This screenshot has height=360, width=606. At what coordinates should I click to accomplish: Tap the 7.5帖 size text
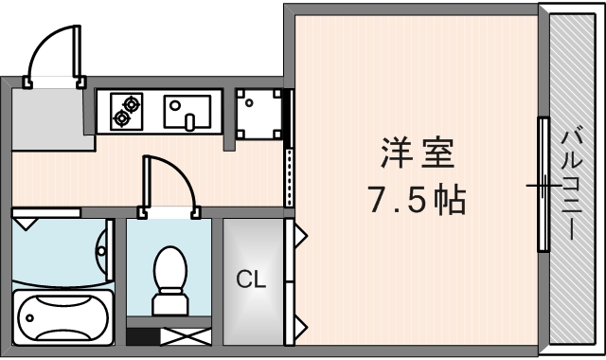click(418, 200)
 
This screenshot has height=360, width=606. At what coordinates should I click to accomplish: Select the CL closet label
click(251, 279)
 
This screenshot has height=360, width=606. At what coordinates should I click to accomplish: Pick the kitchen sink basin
click(189, 112)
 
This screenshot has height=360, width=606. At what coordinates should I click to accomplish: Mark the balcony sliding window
click(544, 184)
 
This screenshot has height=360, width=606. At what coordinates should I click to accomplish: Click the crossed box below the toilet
click(180, 336)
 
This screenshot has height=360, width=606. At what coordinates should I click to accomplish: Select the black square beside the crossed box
click(142, 336)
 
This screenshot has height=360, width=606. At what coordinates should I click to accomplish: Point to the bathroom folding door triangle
click(26, 222)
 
